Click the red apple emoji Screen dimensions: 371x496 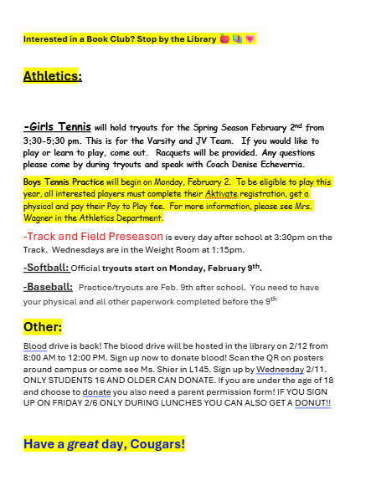[224, 39]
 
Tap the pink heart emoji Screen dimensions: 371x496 [250, 39]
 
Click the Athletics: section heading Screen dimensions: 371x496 [52, 77]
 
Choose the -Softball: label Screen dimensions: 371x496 [45, 268]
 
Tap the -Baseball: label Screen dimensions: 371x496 [48, 287]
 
